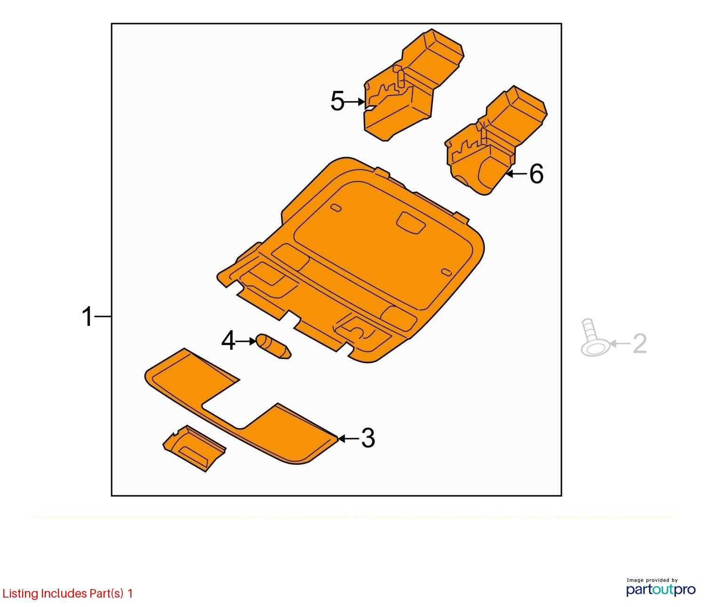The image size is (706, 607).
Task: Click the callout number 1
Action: point(88,316)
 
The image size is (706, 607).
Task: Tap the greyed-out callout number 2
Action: point(640,343)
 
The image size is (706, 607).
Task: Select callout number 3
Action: point(368,438)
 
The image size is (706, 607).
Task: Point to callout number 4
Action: point(228,340)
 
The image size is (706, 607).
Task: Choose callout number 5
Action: point(337,101)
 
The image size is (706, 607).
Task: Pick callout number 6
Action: point(536,173)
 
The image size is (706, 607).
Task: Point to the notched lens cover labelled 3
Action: point(239,410)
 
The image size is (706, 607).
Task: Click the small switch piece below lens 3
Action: point(194,448)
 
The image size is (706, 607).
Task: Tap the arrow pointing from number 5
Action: point(354,102)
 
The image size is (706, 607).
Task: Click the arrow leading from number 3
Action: point(348,438)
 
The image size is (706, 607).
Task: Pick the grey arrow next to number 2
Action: point(620,343)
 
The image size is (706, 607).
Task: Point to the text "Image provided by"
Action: point(652,580)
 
